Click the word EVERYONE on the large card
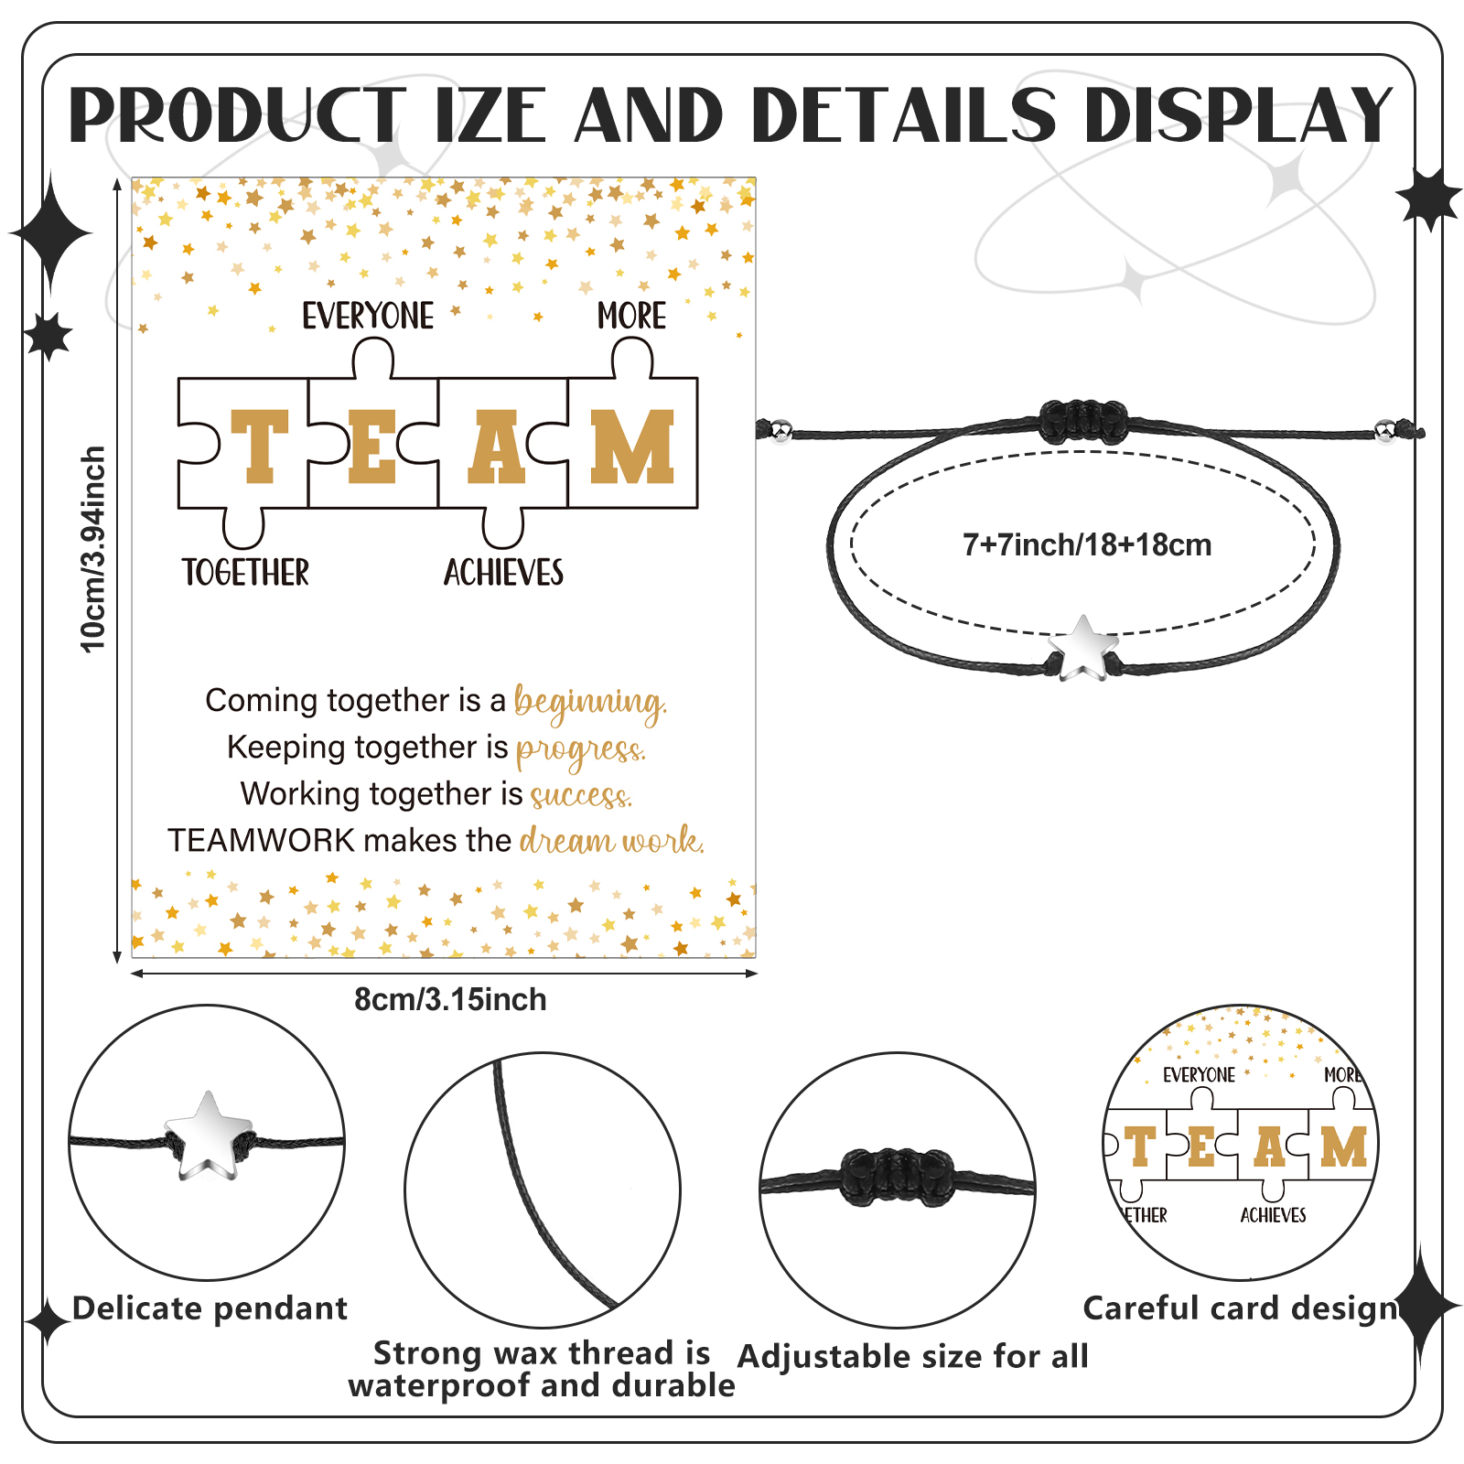click(x=368, y=316)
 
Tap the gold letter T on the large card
click(x=260, y=446)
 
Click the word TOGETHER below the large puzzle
click(x=245, y=573)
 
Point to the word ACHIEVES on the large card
click(x=503, y=573)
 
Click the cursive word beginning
click(x=590, y=703)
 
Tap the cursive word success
click(x=581, y=794)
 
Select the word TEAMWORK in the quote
click(x=261, y=840)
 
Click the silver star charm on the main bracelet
click(x=1083, y=648)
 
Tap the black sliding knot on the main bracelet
click(x=1082, y=422)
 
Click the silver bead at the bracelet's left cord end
click(x=780, y=430)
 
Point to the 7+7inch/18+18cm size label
click(x=1087, y=545)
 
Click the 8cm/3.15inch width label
click(x=450, y=999)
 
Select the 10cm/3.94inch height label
click(x=93, y=549)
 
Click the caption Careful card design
click(x=1241, y=1308)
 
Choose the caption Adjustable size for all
click(x=913, y=1356)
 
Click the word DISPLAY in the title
click(x=1239, y=116)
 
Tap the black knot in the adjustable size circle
click(x=897, y=1176)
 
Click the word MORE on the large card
click(x=631, y=316)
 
